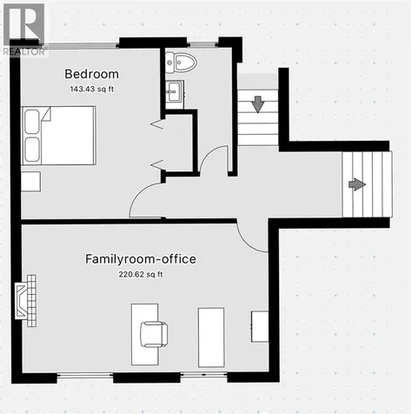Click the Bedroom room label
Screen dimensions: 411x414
[91, 74]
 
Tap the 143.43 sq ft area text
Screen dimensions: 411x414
[91, 89]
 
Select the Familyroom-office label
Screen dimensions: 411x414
[141, 259]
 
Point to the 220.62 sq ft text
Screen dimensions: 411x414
[141, 274]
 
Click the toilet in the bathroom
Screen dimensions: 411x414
[181, 63]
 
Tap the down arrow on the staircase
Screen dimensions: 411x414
[257, 104]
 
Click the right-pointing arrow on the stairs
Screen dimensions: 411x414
[357, 184]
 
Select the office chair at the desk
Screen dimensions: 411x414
[154, 334]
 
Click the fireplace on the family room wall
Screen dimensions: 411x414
[26, 301]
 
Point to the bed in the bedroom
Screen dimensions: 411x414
[59, 136]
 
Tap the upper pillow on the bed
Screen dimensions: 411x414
[32, 122]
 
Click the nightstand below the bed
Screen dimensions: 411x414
[30, 182]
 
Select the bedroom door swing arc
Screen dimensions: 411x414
[137, 194]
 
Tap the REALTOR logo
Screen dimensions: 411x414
[23, 30]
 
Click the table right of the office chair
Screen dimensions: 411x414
[211, 337]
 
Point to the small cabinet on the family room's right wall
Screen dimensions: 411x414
[260, 327]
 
